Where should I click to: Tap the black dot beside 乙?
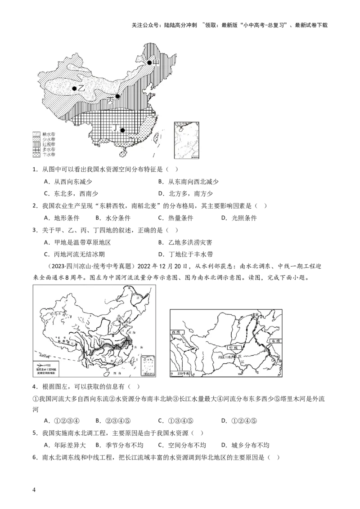coord(74,89)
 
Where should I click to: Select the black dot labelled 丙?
coord(117,96)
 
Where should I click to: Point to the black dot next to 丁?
coord(122,130)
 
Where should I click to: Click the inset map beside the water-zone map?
coord(186,140)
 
